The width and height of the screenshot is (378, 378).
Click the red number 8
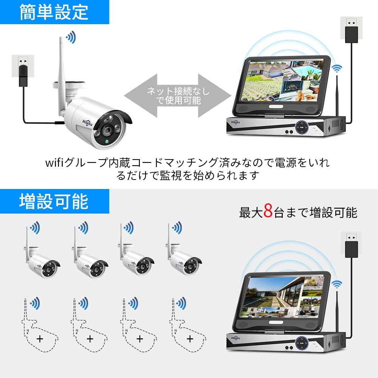[x=268, y=211]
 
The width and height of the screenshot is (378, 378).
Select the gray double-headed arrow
[x=178, y=96]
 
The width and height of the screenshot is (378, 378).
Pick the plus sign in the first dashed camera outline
[x=40, y=339]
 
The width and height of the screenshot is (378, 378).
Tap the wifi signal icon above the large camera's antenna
[x=70, y=37]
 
